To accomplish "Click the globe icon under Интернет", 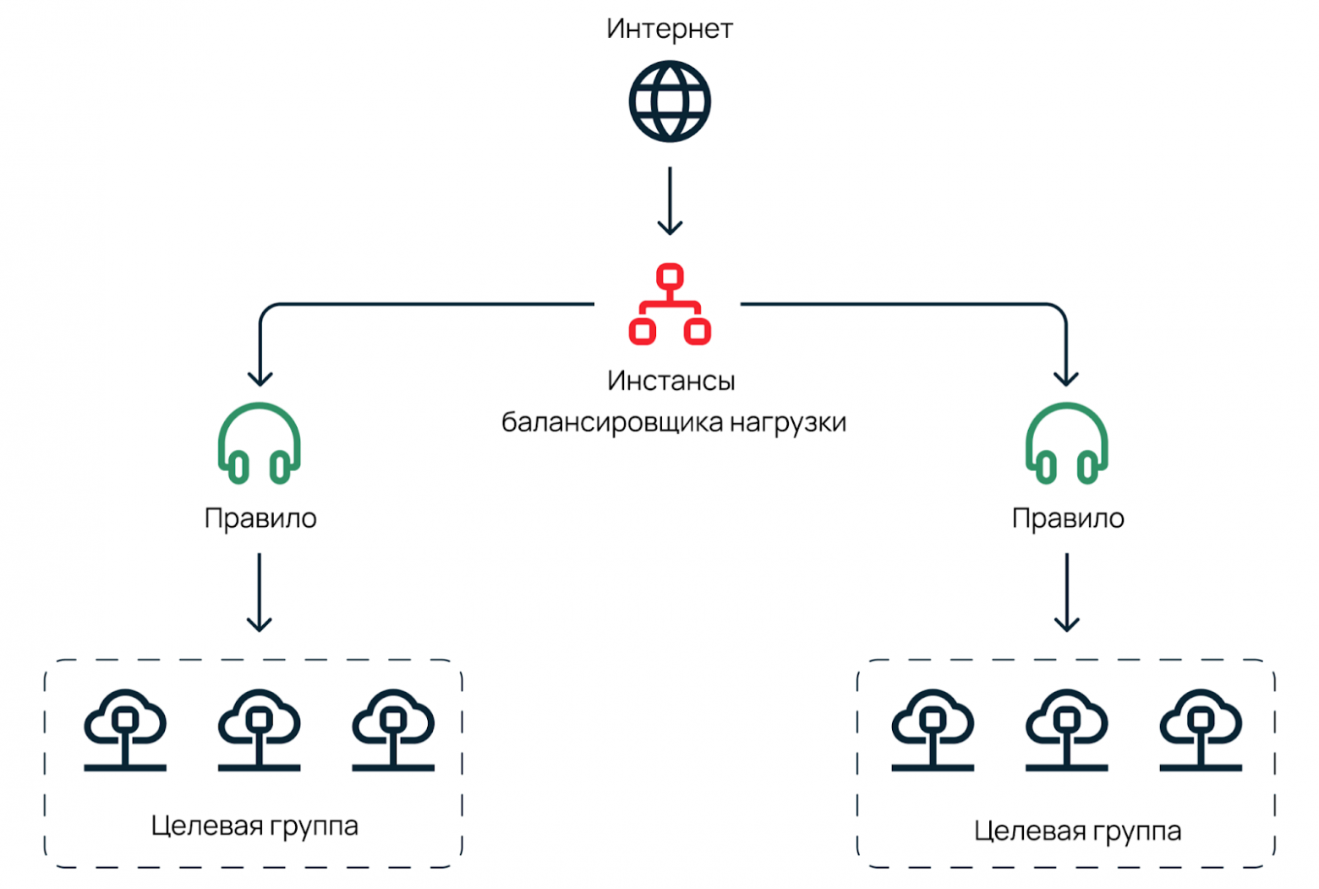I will click(669, 102).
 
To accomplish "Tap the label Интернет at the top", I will click(669, 29).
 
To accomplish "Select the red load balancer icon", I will click(669, 305).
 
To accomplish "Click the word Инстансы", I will click(670, 381).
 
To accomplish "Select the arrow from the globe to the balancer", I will click(669, 201).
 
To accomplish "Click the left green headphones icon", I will click(260, 443).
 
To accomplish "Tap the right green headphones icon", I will click(1066, 443).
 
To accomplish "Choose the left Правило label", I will click(260, 518).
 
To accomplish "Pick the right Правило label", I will click(1068, 518).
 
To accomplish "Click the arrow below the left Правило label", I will click(260, 592).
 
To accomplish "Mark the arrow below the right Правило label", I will click(1066, 592).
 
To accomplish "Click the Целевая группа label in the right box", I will click(1077, 831).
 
